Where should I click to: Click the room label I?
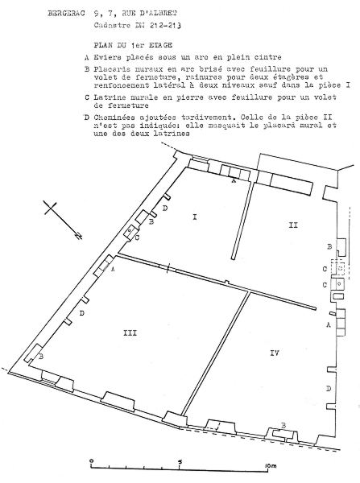point(194,217)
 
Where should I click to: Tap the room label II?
point(293,225)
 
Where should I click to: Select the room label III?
point(130,333)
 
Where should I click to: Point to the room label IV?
point(275,353)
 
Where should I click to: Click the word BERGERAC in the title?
point(66,14)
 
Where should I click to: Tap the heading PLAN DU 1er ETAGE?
point(133,45)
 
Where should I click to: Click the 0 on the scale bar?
point(91,461)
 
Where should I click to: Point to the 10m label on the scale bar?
point(271,466)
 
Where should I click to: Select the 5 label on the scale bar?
point(180,462)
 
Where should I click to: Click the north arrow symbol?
point(63,219)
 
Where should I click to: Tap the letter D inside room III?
point(81,313)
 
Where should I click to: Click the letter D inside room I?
point(165,208)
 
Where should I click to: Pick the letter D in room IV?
point(329,389)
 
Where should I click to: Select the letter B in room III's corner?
point(41,357)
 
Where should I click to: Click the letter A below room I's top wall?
point(234,181)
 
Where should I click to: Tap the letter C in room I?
point(137,237)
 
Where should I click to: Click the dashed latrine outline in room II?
point(338,268)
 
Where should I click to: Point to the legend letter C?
point(87,97)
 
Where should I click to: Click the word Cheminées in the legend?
point(114,118)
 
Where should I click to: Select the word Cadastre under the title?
point(112,26)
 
